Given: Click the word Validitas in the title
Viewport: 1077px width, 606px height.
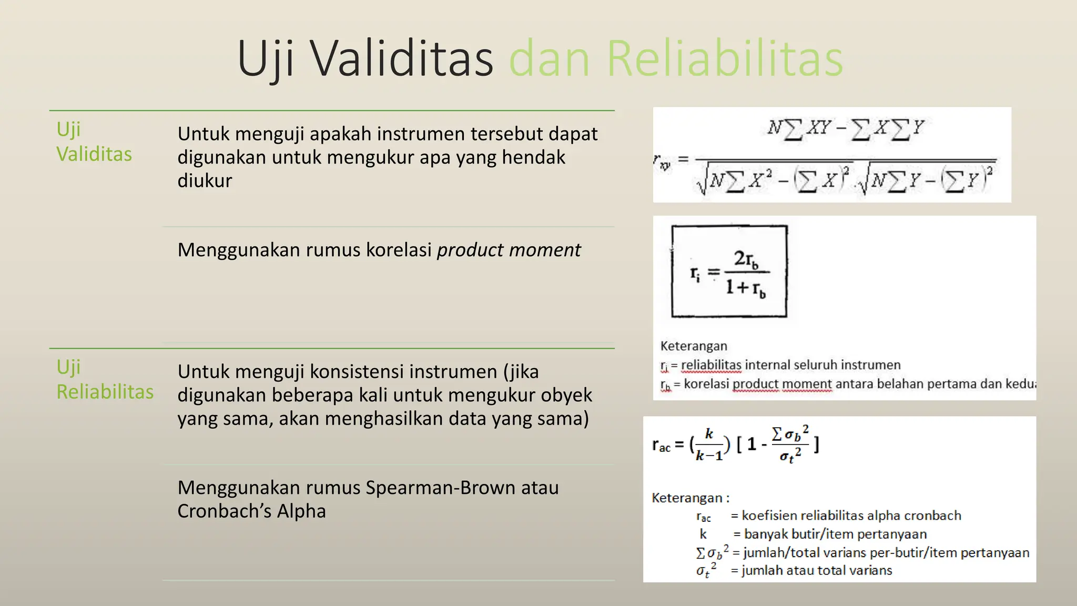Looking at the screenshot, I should pyautogui.click(x=401, y=59).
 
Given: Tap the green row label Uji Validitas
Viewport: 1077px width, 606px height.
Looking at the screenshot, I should pyautogui.click(x=94, y=142).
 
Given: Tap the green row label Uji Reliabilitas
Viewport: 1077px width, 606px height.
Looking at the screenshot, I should pyautogui.click(x=104, y=379).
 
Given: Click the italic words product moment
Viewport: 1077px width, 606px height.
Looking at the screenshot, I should pyautogui.click(x=509, y=250).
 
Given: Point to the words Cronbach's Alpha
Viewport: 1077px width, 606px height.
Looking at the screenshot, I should pyautogui.click(x=251, y=511).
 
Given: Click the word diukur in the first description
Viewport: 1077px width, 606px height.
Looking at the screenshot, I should pyautogui.click(x=205, y=180).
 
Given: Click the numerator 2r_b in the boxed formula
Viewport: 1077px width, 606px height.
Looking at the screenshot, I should pyautogui.click(x=746, y=259).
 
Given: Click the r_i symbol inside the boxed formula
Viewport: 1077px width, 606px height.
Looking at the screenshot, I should pyautogui.click(x=695, y=274).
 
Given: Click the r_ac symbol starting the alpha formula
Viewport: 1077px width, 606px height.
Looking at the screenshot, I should pyautogui.click(x=661, y=446).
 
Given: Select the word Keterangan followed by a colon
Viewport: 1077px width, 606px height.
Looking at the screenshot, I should pyautogui.click(x=689, y=498).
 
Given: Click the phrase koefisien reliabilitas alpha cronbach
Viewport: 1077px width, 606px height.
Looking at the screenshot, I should pyautogui.click(x=851, y=516).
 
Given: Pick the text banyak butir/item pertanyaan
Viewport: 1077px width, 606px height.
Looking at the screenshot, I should pyautogui.click(x=835, y=534).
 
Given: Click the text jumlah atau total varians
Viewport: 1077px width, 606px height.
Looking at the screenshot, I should pyautogui.click(x=817, y=570).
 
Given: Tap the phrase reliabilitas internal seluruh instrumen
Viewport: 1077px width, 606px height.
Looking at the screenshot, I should pyautogui.click(x=790, y=365).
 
